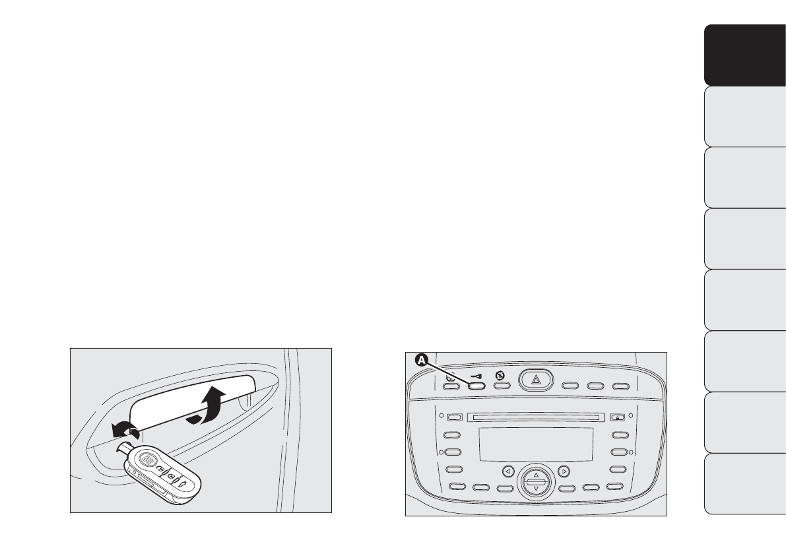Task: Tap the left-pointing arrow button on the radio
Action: (508, 471)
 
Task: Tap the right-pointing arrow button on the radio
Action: (564, 471)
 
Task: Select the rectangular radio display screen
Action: (536, 444)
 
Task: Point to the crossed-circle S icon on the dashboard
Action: (500, 375)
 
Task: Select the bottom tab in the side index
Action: (740, 483)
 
